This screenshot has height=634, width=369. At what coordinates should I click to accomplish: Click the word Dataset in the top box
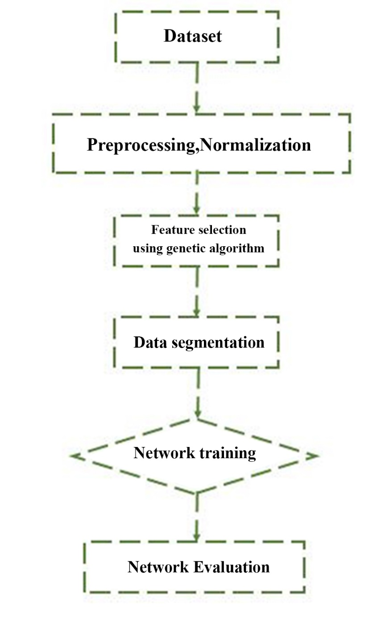[x=192, y=36]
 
